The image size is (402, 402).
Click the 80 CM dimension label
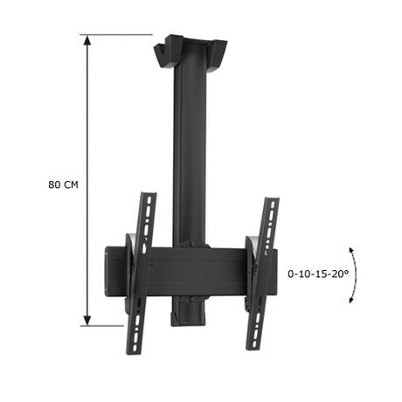[64, 185]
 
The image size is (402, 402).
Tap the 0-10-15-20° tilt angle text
[317, 273]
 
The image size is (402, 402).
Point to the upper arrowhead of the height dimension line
[87, 40]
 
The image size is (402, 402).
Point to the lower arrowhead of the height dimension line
[87, 322]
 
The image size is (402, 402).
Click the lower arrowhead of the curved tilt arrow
[351, 299]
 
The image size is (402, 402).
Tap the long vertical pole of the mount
[188, 149]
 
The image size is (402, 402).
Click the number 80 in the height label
[55, 185]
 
